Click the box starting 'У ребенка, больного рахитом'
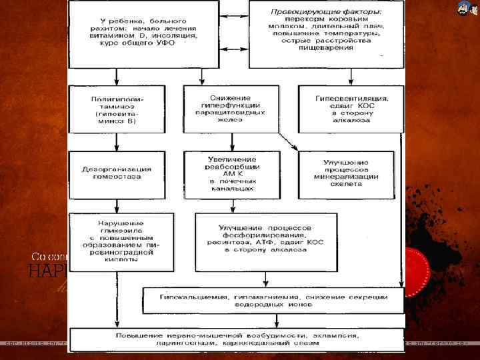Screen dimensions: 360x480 pyautogui.click(x=144, y=33)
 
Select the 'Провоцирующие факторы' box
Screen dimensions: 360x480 pyautogui.click(x=326, y=33)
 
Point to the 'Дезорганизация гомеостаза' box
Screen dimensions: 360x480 pyautogui.click(x=117, y=175)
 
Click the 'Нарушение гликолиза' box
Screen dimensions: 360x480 pyautogui.click(x=121, y=241)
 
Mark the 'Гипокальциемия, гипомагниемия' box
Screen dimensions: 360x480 pyautogui.click(x=273, y=300)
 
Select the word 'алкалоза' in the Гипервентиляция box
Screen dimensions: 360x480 pyautogui.click(x=354, y=121)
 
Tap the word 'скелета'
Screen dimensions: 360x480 pyautogui.click(x=346, y=184)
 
